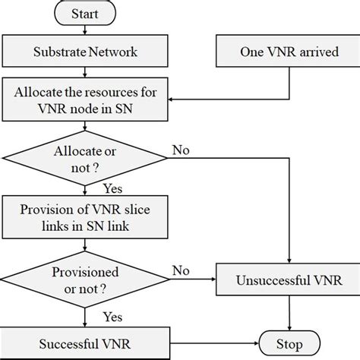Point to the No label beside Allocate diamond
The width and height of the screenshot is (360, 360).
pos(181,149)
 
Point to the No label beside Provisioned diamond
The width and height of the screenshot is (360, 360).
pos(181,270)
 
